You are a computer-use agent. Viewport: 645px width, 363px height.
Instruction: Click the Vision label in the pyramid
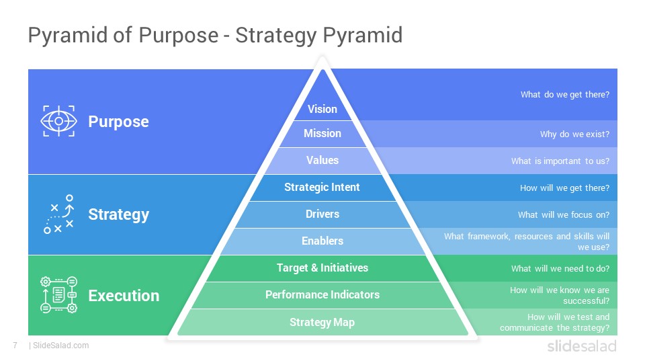[322, 109]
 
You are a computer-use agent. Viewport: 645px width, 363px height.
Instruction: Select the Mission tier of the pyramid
[322, 133]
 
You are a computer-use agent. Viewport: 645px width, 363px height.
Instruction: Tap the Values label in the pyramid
[322, 160]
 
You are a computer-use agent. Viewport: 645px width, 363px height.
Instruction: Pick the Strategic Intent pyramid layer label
[322, 188]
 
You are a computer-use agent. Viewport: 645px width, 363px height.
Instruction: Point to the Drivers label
[322, 214]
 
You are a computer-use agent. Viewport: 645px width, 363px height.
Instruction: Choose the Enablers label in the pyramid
[322, 241]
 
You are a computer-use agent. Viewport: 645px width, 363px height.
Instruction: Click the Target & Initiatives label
[322, 268]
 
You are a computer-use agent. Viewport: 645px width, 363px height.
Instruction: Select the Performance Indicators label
[322, 294]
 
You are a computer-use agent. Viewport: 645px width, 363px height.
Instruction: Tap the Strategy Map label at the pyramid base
[322, 322]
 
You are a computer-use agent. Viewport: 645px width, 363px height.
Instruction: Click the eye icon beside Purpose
[59, 121]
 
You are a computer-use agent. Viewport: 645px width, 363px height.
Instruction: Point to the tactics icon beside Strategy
[59, 214]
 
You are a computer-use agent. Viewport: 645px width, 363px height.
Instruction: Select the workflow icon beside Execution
[59, 294]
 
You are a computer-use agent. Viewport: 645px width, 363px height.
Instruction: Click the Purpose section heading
[118, 122]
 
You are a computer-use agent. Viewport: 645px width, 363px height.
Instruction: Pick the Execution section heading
[124, 296]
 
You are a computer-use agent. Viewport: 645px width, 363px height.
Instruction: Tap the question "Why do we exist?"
[574, 134]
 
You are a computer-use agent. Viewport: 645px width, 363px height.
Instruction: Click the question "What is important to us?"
[560, 161]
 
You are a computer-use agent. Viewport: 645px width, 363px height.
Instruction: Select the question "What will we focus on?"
[564, 215]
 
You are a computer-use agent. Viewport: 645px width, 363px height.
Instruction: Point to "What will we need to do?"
[560, 269]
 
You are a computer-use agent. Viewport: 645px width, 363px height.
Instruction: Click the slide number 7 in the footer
[15, 346]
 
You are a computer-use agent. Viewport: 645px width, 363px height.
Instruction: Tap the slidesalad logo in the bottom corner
[582, 346]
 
